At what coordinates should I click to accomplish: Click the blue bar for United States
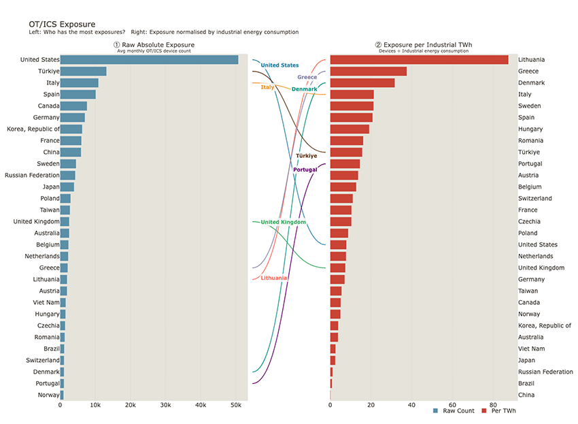click(150, 60)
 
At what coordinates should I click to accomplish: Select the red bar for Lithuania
click(419, 60)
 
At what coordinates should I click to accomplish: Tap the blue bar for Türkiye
click(84, 71)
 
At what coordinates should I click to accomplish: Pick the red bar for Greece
click(369, 71)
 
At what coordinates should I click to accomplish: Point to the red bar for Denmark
click(362, 83)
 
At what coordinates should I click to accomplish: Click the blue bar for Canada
click(73, 106)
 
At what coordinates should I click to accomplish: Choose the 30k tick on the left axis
click(165, 405)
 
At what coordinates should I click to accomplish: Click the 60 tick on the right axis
click(452, 405)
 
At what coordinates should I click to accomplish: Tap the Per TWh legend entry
click(499, 410)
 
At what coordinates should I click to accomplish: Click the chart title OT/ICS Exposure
click(62, 25)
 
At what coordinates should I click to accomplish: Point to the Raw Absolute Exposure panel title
click(154, 45)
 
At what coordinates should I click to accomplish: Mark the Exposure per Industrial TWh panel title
click(424, 45)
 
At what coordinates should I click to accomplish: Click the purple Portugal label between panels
click(305, 169)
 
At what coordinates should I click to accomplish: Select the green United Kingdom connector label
click(283, 222)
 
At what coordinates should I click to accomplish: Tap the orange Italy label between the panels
click(267, 87)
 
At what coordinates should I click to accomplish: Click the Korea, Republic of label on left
click(33, 129)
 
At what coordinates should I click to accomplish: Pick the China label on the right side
click(526, 395)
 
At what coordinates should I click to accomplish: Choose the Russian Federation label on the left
click(32, 176)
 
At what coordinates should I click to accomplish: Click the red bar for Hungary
click(350, 129)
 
